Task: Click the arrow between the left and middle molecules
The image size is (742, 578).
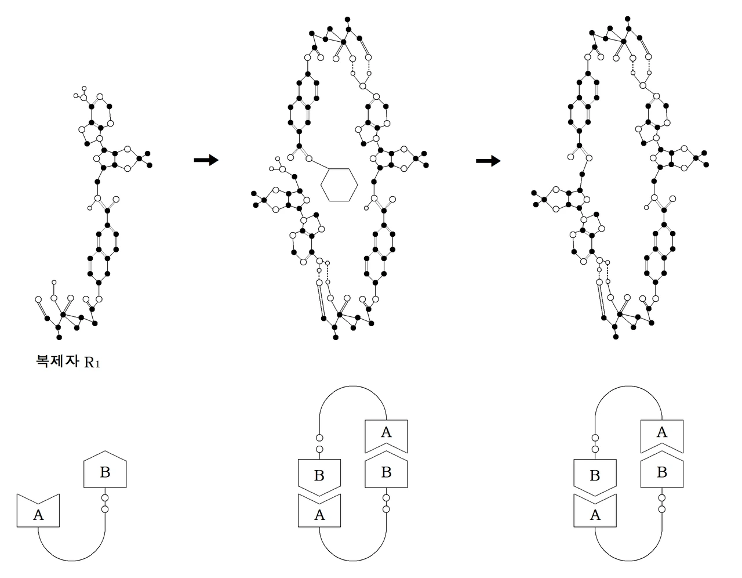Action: pos(206,160)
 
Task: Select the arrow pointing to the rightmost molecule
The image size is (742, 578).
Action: pos(488,161)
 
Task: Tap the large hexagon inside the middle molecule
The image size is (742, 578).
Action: pos(339,185)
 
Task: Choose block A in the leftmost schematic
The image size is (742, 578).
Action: pos(39,512)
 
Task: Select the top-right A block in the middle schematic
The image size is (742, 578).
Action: pos(386,433)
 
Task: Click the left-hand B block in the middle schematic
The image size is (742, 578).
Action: pos(319,476)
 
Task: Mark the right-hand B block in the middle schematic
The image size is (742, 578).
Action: pos(386,472)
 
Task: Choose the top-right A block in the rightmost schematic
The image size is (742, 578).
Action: pos(662,433)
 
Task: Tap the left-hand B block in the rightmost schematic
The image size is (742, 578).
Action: pos(595,476)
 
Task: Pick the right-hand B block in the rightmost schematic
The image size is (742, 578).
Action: pos(662,472)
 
